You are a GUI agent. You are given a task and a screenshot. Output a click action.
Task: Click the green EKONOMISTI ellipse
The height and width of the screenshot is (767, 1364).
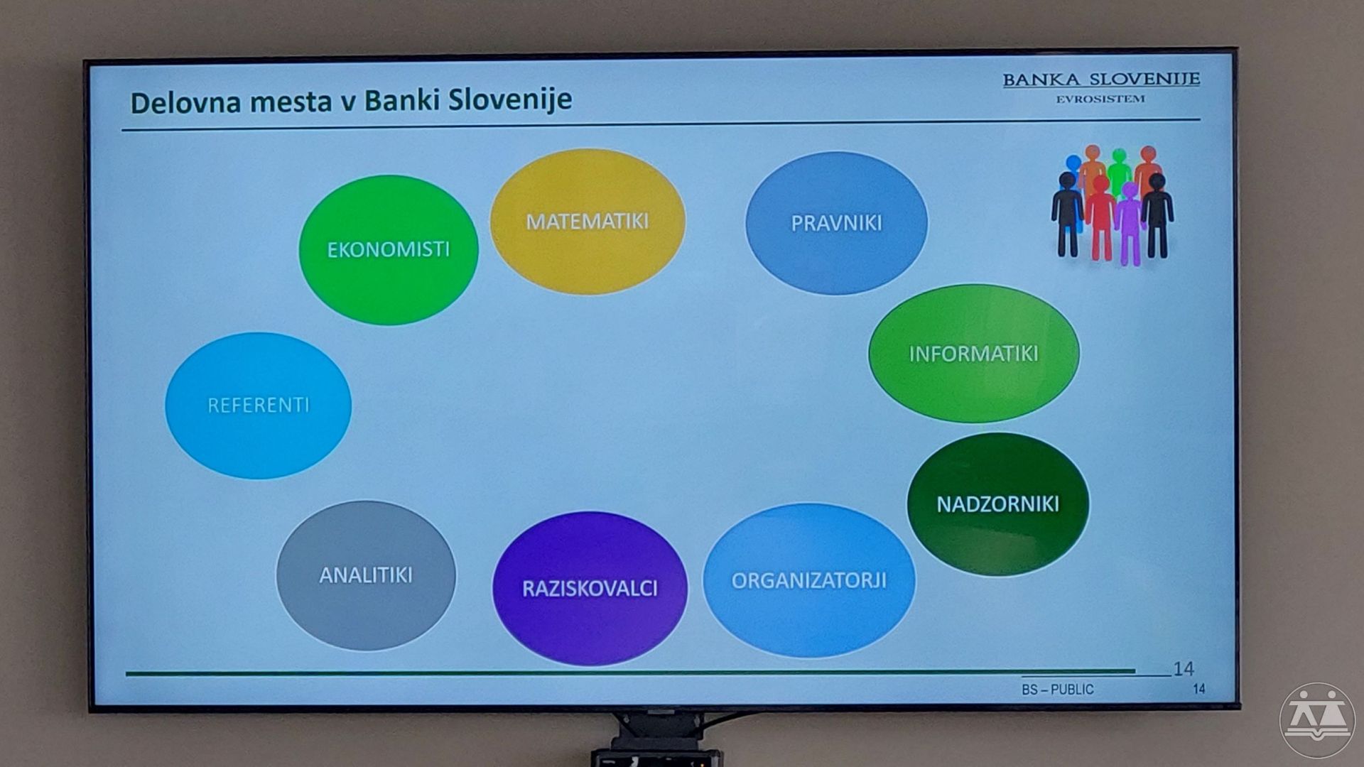[x=389, y=249]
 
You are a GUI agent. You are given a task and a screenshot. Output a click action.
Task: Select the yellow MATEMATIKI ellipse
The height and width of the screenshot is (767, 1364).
[x=588, y=222]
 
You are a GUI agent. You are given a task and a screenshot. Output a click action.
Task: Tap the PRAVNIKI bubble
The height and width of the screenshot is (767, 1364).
[x=836, y=223]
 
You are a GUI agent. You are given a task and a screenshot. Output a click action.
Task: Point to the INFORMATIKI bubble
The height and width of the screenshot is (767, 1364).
[x=974, y=354]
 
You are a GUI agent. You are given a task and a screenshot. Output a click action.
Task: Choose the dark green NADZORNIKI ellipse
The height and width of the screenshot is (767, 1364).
[x=998, y=504]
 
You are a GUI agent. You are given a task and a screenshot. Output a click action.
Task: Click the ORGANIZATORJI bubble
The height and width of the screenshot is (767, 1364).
[x=809, y=580]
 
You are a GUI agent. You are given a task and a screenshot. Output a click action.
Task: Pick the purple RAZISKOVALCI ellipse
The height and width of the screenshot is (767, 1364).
[x=590, y=588]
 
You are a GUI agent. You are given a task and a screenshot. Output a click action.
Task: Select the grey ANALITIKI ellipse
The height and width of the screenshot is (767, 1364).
[x=366, y=575]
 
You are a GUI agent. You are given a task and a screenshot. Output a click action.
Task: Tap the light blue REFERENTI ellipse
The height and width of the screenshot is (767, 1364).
[x=258, y=406]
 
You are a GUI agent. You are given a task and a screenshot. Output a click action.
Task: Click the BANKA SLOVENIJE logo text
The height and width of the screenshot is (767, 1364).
[x=1101, y=80]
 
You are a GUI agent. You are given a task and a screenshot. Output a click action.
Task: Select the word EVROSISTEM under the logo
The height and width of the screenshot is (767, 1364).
[x=1100, y=99]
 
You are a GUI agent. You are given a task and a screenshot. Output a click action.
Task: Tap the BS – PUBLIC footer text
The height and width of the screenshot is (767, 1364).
[x=1058, y=690]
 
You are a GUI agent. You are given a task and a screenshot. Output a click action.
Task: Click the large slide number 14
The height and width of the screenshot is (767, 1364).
[x=1184, y=668]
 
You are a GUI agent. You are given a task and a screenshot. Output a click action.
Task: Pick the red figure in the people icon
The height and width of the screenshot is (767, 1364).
[x=1100, y=217]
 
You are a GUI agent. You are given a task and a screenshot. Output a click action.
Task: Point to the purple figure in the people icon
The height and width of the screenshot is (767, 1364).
[x=1129, y=224]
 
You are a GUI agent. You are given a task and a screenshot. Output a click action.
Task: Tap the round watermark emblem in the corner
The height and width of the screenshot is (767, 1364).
[x=1318, y=721]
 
